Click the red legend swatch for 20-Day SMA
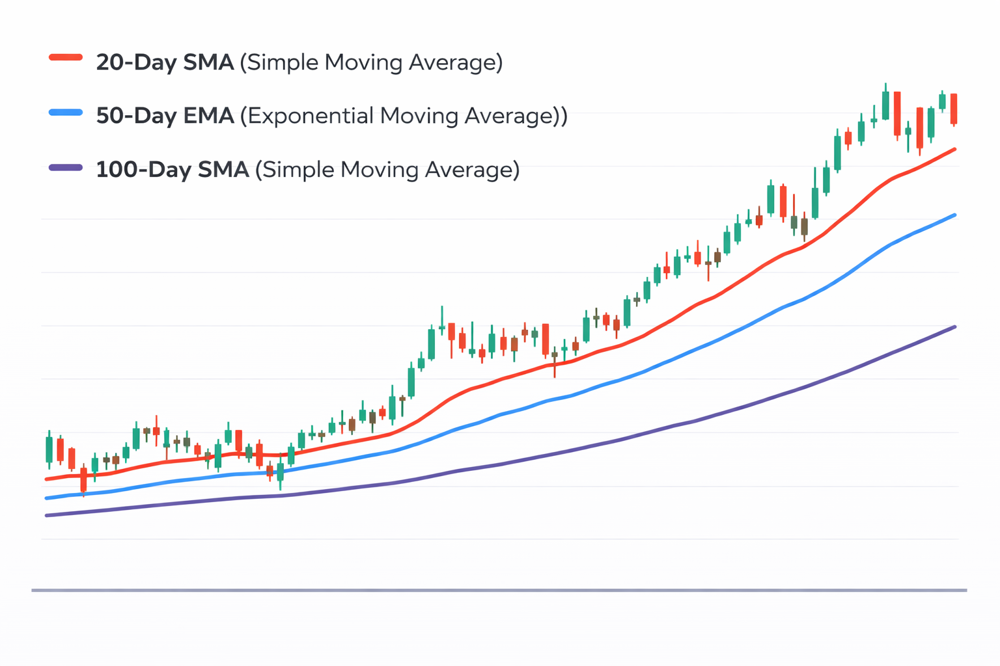pos(66,58)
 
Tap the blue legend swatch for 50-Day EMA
pos(66,113)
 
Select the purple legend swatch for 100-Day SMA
pos(66,168)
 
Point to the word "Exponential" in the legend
pos(309,116)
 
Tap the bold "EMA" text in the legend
pos(208,116)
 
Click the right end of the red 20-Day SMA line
pos(954,150)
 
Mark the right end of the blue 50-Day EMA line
pos(954,215)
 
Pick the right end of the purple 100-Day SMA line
pos(954,326)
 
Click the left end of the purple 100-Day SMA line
pos(46,515)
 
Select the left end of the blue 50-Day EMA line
pos(46,498)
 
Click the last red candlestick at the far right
pos(954,109)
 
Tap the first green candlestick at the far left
pos(49,449)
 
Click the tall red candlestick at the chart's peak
pos(897,113)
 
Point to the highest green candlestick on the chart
pos(885,105)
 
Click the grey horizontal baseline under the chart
pos(499,590)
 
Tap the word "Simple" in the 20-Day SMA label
pos(283,63)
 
